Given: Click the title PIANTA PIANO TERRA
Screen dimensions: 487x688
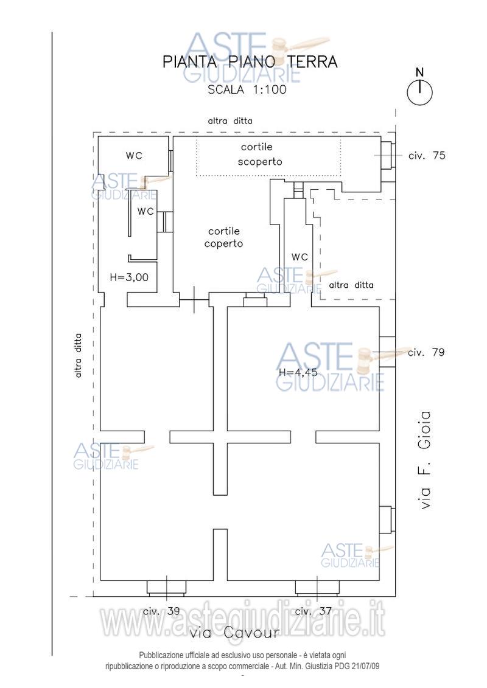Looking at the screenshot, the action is coord(250,62).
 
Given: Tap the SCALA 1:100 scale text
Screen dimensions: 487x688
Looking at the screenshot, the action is coord(247,89).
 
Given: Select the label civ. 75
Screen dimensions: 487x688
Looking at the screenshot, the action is coord(427,155).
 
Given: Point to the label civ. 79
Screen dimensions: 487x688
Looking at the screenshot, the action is coord(426,352).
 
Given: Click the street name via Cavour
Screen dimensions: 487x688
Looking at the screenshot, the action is coord(234,633).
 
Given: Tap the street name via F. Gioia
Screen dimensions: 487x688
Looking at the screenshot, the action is coord(425,460).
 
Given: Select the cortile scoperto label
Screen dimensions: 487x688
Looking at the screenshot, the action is coord(260,154).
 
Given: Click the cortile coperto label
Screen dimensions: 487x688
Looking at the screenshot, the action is coord(223,237).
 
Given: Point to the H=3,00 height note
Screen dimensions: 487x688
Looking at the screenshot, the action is coord(129,277).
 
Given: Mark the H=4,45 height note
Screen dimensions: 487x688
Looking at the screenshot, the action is coord(298,373).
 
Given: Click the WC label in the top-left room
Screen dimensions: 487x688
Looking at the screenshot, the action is coord(134,155).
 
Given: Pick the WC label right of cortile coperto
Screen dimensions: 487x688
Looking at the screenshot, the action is coord(300,257).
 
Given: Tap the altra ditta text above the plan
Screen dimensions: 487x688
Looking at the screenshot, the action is coord(230,120).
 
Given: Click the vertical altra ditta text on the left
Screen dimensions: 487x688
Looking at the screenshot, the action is coord(78,356).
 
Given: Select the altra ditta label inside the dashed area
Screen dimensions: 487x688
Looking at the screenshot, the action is coord(351,285).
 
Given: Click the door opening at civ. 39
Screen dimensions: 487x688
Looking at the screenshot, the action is coord(166,588).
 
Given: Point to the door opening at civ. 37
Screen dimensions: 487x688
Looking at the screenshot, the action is coord(317,588).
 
